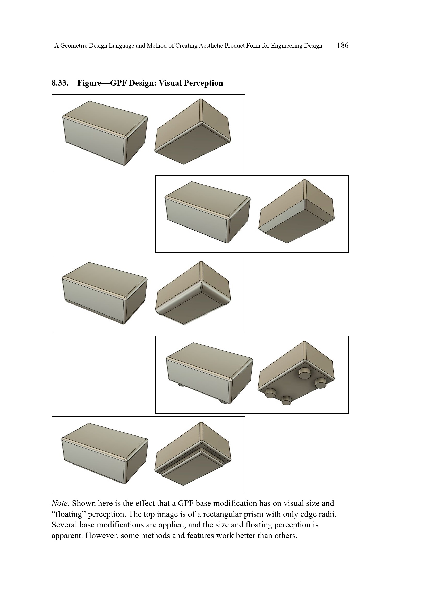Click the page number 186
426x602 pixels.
[343, 45]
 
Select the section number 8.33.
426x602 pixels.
[60, 83]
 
